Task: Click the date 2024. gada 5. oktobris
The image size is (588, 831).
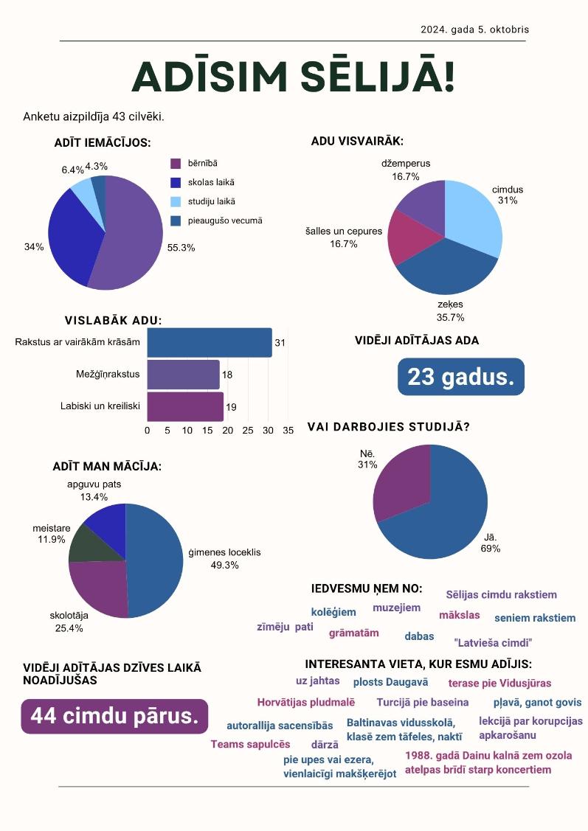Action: pos(474,29)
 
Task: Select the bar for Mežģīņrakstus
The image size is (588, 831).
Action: pos(184,375)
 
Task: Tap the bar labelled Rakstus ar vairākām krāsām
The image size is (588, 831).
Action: pos(210,343)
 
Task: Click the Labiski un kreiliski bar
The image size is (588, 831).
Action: pos(185,406)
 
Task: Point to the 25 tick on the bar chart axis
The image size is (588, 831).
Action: pos(248,431)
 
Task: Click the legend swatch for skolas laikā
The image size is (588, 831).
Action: pos(176,182)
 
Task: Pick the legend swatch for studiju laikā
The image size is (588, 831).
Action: pos(176,201)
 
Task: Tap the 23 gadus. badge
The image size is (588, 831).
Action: pos(461,377)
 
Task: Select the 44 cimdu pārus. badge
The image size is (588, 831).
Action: pos(114,716)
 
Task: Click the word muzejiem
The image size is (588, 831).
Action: pos(397,608)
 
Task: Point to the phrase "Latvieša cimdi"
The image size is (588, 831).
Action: pos(493,643)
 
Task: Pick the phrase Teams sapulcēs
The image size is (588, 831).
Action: pos(250,744)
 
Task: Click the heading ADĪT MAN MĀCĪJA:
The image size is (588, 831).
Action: pos(107,466)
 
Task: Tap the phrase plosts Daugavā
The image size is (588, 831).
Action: pos(391,682)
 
